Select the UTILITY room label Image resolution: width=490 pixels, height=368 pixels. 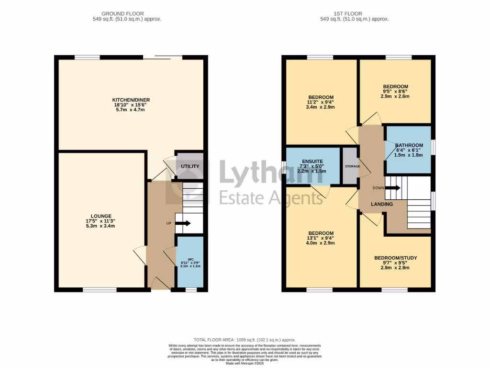coord(190,166)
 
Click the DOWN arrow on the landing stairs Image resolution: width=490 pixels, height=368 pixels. coord(393,188)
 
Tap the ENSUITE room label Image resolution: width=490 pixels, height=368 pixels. coord(312,161)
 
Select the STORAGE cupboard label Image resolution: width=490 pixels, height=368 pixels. coord(351,166)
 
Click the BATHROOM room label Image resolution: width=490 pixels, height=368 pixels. coord(409,145)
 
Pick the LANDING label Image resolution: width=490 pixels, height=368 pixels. coord(382,205)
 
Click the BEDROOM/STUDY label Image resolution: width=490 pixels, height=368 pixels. coord(395,258)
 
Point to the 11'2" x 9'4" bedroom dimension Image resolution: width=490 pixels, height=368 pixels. coord(321,102)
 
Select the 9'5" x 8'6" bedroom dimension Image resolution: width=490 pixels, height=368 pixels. coord(395,92)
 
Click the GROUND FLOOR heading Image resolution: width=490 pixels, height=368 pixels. coord(122,13)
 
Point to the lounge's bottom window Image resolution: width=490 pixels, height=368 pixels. coord(100,289)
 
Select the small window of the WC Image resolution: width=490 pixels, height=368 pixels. coord(190,289)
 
